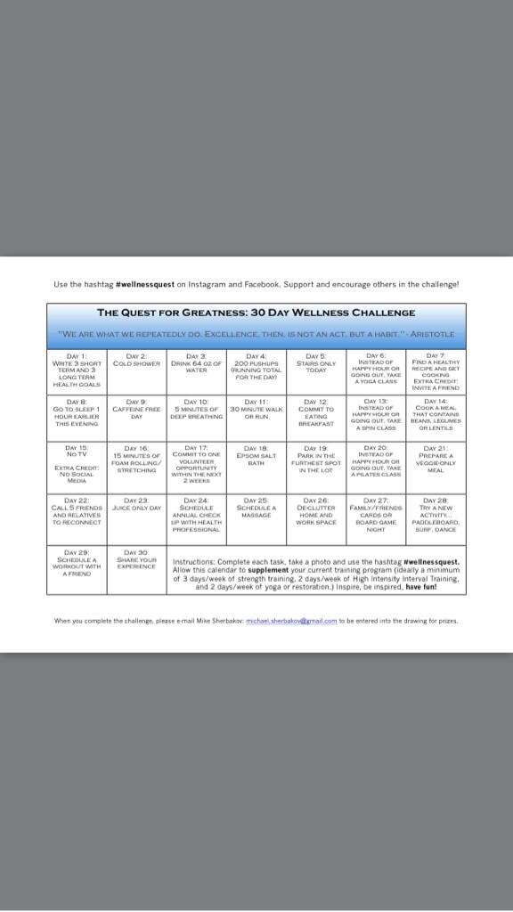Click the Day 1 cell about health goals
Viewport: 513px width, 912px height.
pos(77,370)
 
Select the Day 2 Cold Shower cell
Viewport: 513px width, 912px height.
pos(136,365)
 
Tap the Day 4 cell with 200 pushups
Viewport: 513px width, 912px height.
pos(256,367)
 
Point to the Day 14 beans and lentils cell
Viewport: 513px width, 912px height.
pos(436,415)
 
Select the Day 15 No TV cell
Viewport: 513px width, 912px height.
pos(77,463)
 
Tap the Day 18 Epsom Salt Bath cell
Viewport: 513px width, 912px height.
pos(256,458)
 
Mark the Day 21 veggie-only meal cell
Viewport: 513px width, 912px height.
pos(436,460)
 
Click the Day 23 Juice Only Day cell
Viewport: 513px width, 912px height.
pos(136,508)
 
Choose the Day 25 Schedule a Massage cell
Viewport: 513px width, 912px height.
pos(256,510)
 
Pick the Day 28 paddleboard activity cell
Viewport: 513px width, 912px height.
pos(436,516)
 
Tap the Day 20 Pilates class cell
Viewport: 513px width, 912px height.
pos(375,461)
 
